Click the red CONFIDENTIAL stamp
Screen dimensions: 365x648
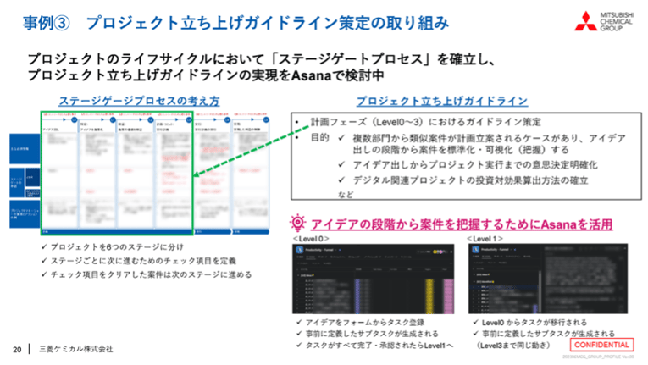(601, 346)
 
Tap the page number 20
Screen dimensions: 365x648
(16, 349)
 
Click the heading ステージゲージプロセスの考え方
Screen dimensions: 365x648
(139, 100)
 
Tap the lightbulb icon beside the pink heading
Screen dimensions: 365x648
(297, 224)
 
